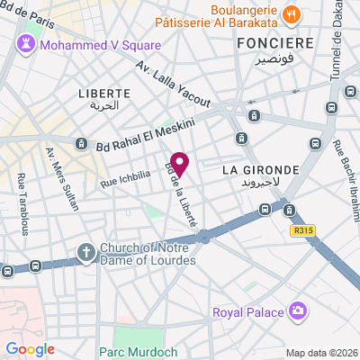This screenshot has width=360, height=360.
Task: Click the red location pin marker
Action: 180,165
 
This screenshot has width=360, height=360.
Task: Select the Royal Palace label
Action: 248,312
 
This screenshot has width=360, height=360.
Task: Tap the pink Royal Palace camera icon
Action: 298,311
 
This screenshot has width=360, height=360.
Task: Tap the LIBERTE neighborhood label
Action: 104,93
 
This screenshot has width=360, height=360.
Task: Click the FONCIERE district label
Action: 274,42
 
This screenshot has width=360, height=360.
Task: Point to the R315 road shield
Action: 305,231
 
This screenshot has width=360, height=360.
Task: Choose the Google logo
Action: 30,348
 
